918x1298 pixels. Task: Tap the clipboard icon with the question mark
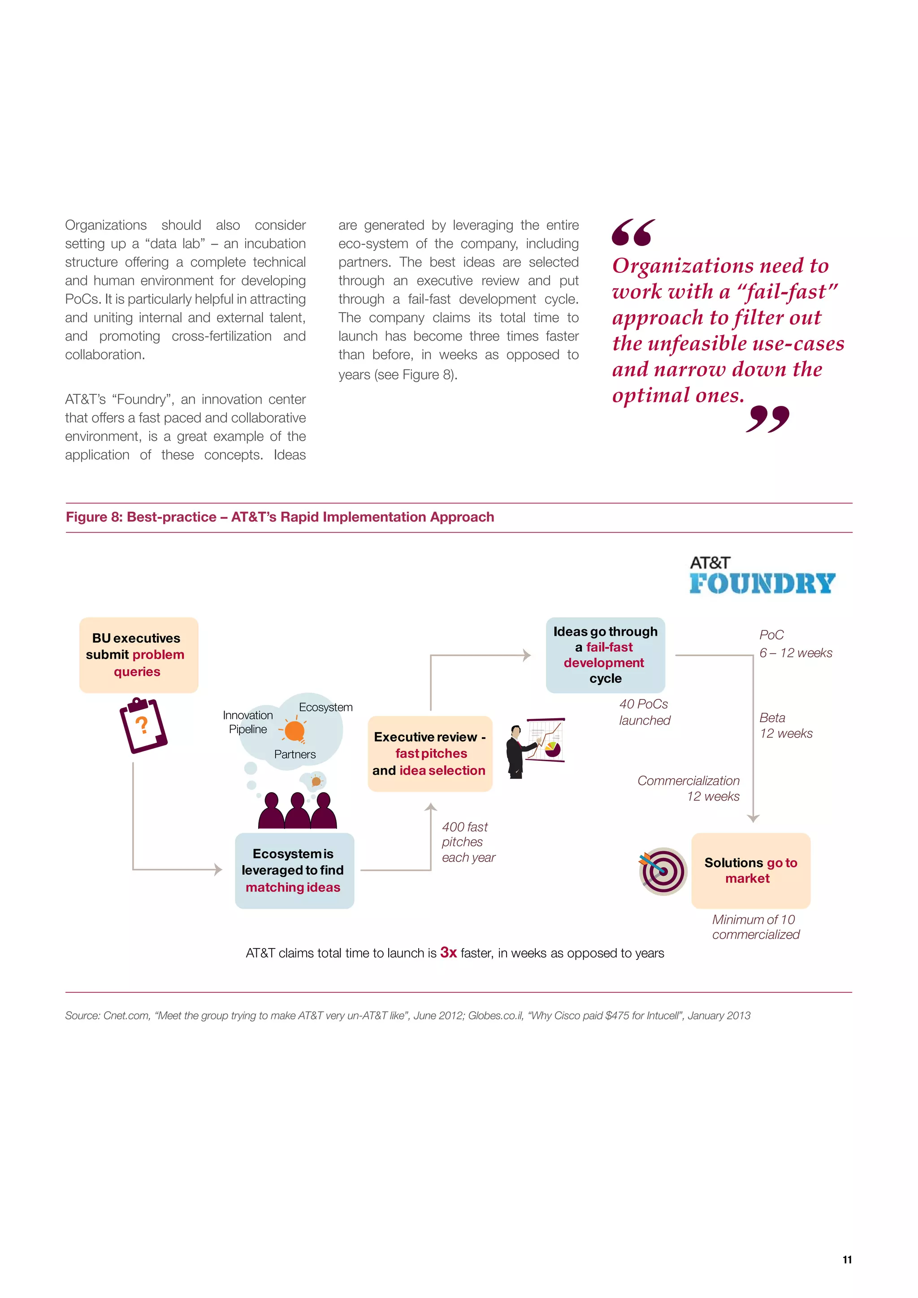(143, 725)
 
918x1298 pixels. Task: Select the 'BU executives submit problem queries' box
(139, 655)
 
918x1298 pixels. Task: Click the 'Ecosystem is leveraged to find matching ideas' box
(294, 870)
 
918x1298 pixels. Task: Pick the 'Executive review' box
(430, 754)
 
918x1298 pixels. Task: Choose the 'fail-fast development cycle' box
(605, 655)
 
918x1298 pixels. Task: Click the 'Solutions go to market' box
(750, 870)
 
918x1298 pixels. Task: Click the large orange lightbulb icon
(294, 730)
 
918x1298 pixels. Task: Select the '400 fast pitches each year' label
(468, 842)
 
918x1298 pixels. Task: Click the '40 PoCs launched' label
(644, 712)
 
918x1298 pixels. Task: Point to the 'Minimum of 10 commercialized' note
(755, 927)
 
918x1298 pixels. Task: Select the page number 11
(847, 1259)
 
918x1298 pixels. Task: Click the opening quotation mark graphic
(633, 233)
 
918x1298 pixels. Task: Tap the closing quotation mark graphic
(767, 419)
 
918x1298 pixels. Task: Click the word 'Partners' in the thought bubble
(294, 754)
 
